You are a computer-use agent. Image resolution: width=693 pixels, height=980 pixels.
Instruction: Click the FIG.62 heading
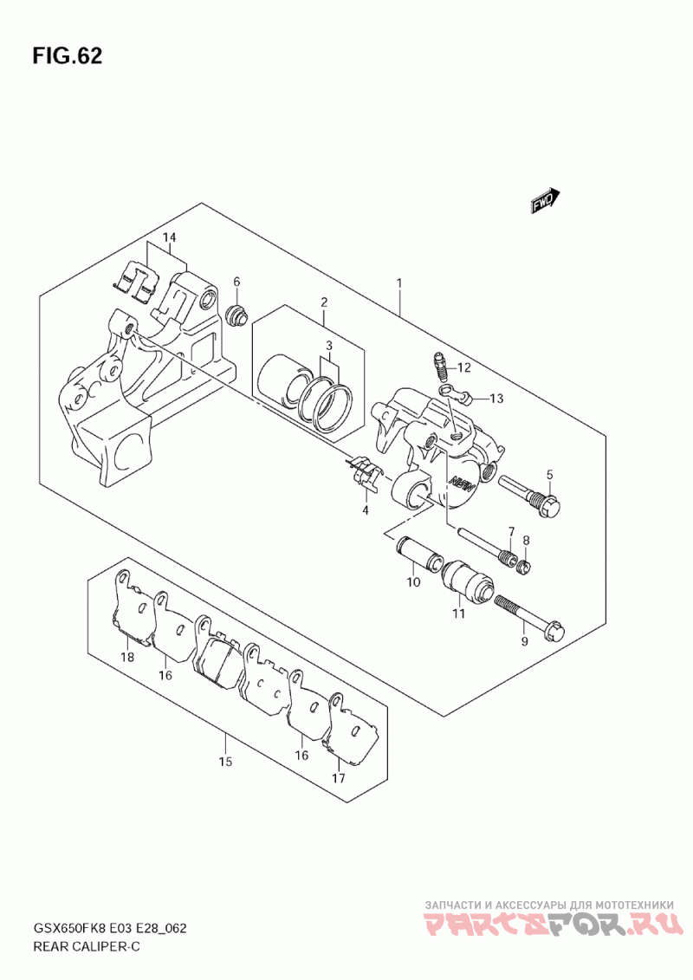pos(68,56)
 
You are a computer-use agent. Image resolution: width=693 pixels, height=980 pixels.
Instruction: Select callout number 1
pos(399,283)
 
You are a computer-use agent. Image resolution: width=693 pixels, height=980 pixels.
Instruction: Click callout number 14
pos(168,237)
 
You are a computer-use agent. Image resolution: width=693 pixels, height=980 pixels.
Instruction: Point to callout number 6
pos(236,282)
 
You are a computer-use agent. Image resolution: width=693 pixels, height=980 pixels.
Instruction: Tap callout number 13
pos(495,399)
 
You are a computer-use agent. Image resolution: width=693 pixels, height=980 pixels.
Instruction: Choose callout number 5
pos(549,474)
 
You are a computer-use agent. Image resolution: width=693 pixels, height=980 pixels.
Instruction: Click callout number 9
pos(522,641)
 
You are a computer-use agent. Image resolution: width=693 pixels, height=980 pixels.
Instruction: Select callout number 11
pos(457,613)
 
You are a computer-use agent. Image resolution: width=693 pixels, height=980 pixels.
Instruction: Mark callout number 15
pos(225,763)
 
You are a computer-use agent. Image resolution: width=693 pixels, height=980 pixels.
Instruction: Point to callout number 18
pos(127,658)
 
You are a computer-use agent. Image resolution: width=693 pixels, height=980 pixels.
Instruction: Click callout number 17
pos(338,778)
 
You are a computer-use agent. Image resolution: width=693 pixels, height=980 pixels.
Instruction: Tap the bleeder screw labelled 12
pos(438,365)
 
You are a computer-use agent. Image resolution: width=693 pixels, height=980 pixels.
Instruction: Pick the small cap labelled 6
pos(235,314)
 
